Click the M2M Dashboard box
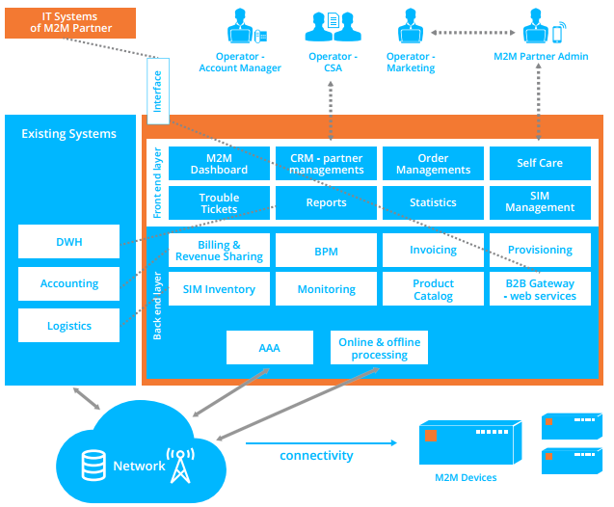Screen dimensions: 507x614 [219, 163]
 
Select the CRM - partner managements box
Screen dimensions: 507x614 [326, 163]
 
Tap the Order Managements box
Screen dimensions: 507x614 [433, 163]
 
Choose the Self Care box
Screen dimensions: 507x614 [539, 163]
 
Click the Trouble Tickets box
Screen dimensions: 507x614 [219, 203]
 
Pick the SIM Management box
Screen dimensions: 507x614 [539, 202]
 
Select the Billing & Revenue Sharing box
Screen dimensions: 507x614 [219, 251]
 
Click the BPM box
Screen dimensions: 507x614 [326, 251]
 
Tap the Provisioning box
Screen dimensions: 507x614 [539, 250]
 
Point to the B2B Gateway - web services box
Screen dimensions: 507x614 [539, 289]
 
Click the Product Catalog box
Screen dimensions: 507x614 [433, 289]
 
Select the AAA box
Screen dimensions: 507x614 [270, 348]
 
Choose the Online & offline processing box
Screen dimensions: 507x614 [379, 348]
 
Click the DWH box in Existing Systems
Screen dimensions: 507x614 [69, 242]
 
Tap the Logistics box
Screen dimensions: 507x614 [69, 326]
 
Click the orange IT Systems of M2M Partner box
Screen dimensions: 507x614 [70, 21]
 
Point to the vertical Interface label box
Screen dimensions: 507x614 [158, 91]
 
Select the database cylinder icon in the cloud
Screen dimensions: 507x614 [94, 466]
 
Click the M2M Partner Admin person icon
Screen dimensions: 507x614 [540, 28]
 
